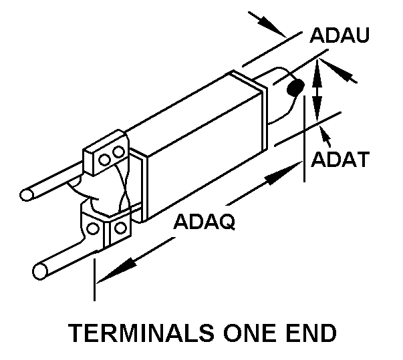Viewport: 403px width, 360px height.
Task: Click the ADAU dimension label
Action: [340, 37]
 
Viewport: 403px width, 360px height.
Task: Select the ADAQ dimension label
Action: [204, 222]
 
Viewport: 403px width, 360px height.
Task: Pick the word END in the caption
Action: [309, 332]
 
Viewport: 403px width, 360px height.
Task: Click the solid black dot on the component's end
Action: [295, 88]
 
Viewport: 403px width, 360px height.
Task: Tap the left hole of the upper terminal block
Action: [105, 158]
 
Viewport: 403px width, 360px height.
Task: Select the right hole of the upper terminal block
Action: [119, 153]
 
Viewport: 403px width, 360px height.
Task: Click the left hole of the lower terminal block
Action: [93, 229]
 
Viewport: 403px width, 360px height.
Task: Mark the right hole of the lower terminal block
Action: [120, 228]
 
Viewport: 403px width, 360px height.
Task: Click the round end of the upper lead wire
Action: [26, 195]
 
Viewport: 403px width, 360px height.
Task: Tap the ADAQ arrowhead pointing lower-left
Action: [110, 274]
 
